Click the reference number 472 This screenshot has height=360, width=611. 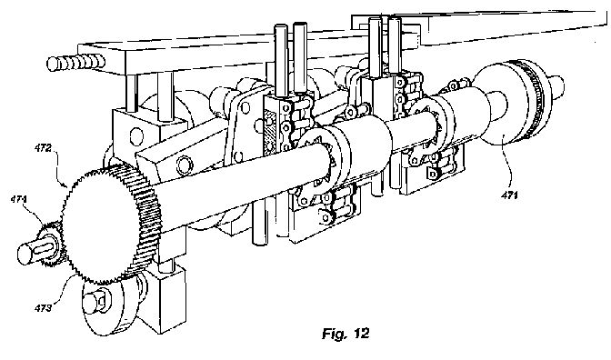(x=43, y=148)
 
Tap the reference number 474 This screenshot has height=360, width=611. (x=19, y=199)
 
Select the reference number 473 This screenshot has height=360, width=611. (x=43, y=308)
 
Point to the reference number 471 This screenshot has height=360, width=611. (x=510, y=195)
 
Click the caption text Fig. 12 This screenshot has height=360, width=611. (x=346, y=334)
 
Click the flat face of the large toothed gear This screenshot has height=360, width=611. (x=102, y=226)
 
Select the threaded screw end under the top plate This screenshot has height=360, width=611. (x=75, y=63)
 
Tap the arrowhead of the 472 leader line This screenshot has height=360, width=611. (x=64, y=182)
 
